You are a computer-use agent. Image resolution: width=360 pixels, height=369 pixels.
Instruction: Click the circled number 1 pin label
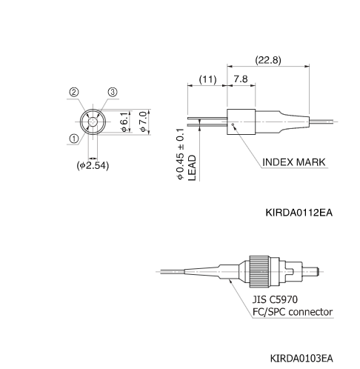(x=74, y=139)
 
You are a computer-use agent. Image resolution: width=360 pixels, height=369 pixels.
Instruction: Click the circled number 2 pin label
(x=74, y=92)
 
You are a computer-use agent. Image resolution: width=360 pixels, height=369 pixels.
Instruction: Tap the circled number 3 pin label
(x=112, y=92)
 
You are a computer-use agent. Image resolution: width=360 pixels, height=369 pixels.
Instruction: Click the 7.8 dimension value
(x=241, y=78)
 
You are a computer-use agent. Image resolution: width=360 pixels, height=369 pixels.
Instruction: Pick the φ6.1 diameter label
(x=125, y=121)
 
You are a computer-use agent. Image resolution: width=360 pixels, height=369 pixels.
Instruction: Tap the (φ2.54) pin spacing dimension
(x=93, y=166)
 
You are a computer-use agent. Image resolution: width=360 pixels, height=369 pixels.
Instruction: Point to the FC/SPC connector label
(x=293, y=312)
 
